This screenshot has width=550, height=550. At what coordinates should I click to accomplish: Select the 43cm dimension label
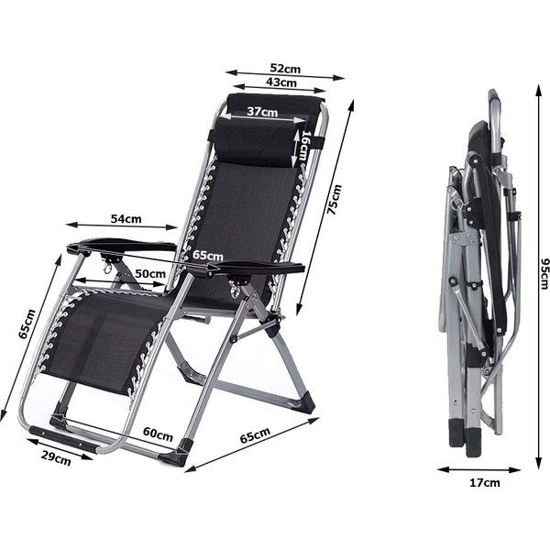tap(281, 82)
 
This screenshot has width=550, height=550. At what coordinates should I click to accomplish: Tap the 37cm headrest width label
tap(262, 112)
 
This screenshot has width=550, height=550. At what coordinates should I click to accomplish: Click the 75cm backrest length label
tap(334, 199)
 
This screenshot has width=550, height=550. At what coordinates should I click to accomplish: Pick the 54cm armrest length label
tap(126, 219)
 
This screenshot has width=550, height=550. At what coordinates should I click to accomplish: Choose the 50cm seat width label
tap(150, 273)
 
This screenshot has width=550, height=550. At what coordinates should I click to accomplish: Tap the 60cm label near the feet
tap(158, 434)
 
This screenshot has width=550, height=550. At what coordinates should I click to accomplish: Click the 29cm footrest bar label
tap(56, 458)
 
